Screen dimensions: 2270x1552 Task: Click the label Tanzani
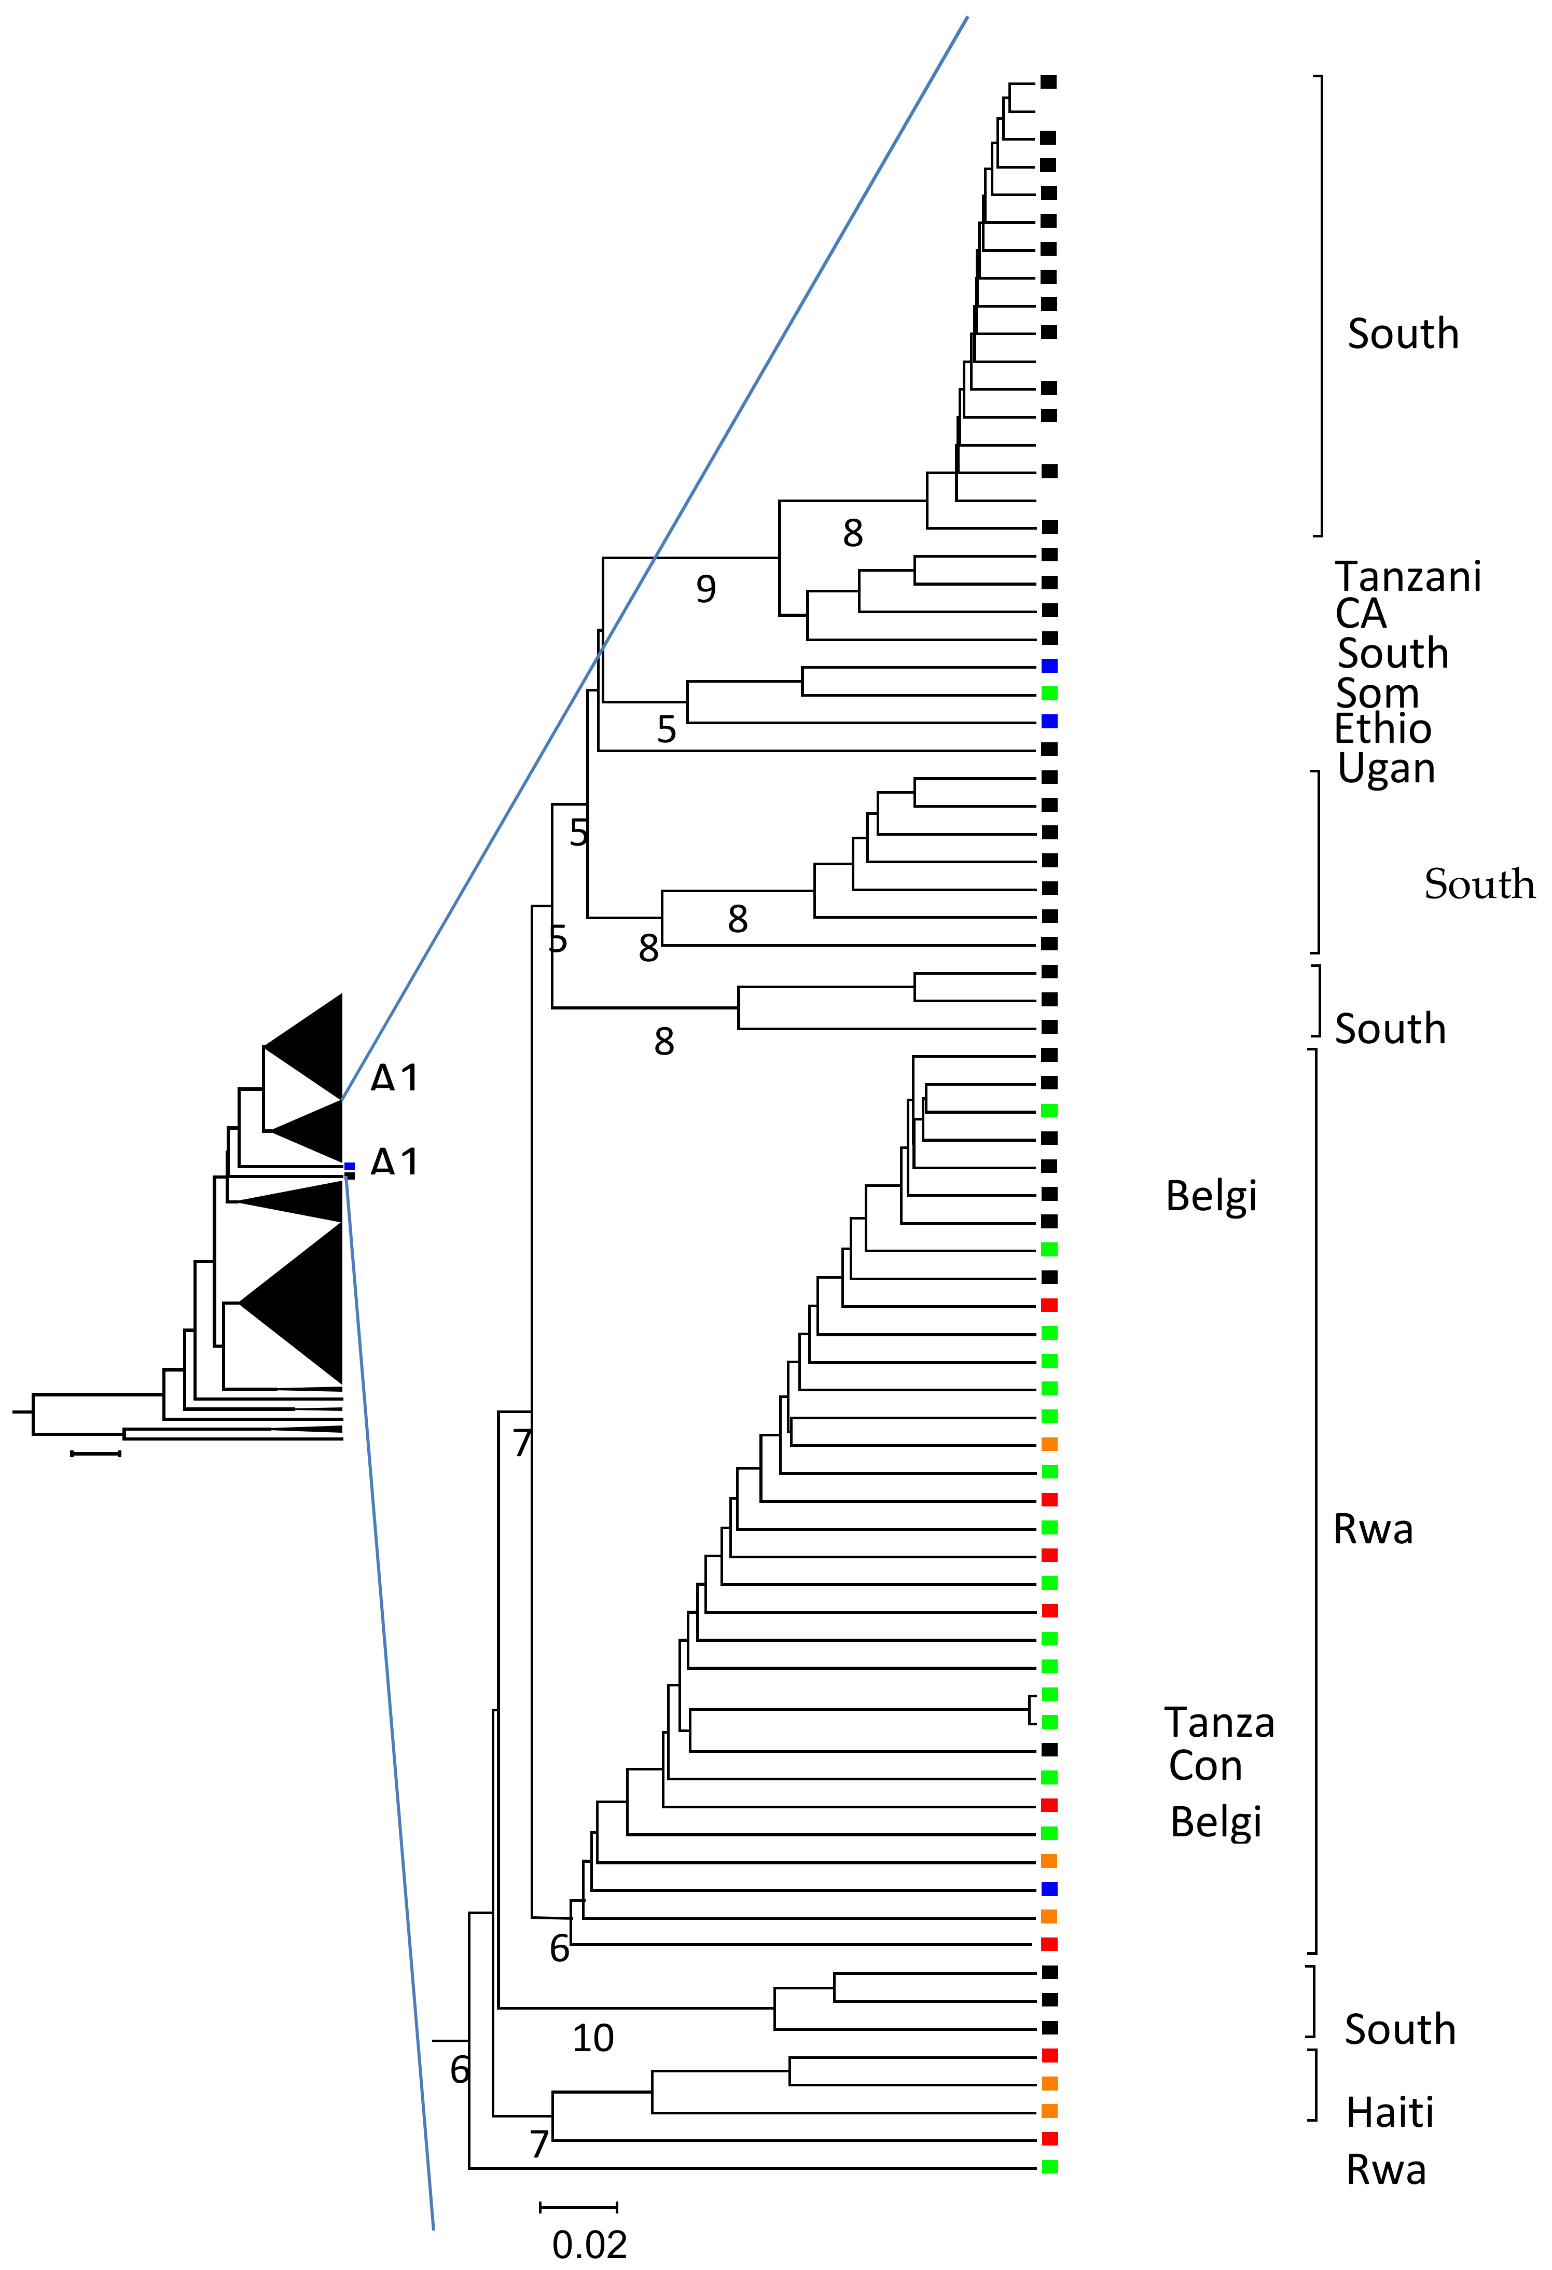click(1407, 577)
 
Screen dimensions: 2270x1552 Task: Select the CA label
click(1361, 614)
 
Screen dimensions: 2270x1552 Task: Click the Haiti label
click(1390, 2113)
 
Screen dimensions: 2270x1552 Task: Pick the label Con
click(1205, 1766)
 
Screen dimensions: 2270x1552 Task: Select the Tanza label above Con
click(1219, 1723)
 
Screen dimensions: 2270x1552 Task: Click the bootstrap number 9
click(705, 589)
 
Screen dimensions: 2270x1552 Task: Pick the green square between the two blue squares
click(1049, 694)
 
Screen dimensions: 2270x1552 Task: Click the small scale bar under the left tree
click(96, 1454)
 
